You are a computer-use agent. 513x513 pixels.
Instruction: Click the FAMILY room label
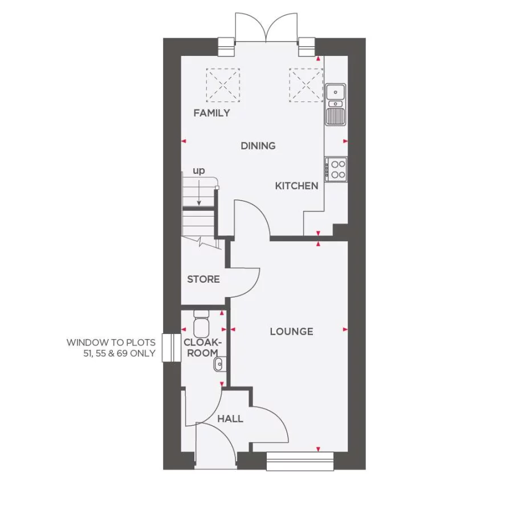pyautogui.click(x=211, y=113)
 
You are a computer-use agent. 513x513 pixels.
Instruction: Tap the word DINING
pyautogui.click(x=258, y=146)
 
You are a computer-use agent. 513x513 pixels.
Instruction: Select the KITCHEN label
pyautogui.click(x=296, y=186)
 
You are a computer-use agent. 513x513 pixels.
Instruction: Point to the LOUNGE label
pyautogui.click(x=291, y=331)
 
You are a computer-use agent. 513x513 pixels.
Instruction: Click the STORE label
pyautogui.click(x=203, y=279)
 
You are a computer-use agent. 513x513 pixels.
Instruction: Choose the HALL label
pyautogui.click(x=230, y=419)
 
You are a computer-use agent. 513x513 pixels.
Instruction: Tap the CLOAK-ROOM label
pyautogui.click(x=201, y=348)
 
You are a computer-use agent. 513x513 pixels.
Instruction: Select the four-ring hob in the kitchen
pyautogui.click(x=336, y=168)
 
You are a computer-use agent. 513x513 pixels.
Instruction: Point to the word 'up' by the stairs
pyautogui.click(x=198, y=170)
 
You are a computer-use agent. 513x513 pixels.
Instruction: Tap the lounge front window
pyautogui.click(x=300, y=461)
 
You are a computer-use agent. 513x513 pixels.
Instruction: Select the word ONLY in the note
pyautogui.click(x=142, y=353)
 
